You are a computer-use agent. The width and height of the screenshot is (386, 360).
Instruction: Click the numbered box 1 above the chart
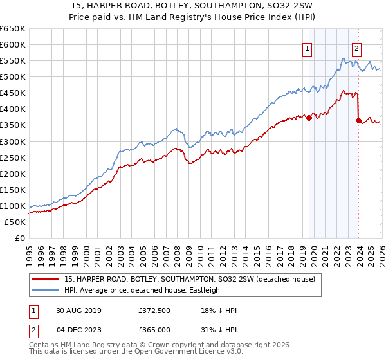pyautogui.click(x=308, y=47)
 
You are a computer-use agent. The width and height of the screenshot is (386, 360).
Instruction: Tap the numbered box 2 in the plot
pyautogui.click(x=356, y=47)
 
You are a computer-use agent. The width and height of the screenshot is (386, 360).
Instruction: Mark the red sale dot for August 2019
pyautogui.click(x=309, y=118)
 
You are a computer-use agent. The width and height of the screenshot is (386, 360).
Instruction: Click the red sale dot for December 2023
pyautogui.click(x=358, y=120)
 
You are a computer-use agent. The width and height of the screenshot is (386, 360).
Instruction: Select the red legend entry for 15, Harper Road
pyautogui.click(x=189, y=279)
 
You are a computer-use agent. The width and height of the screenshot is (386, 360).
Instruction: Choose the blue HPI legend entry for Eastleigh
pyautogui.click(x=142, y=290)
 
